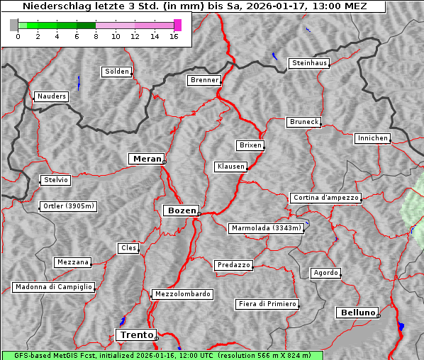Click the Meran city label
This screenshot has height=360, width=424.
click(147, 159)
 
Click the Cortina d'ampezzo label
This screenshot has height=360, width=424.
click(325, 198)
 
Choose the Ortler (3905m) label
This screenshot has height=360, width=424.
click(67, 207)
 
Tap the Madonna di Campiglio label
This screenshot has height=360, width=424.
click(53, 287)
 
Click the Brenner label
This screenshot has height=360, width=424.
click(204, 80)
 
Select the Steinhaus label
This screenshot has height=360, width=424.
click(310, 63)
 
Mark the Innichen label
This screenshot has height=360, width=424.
click(372, 138)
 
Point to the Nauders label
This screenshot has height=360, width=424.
click(52, 96)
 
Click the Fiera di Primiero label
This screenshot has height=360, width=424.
click(267, 304)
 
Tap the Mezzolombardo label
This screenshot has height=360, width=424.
click(182, 293)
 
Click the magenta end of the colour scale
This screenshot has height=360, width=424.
click(177, 25)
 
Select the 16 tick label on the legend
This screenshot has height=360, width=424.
click(174, 37)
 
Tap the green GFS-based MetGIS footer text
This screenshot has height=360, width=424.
click(162, 355)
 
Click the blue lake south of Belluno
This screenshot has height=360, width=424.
click(401, 326)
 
